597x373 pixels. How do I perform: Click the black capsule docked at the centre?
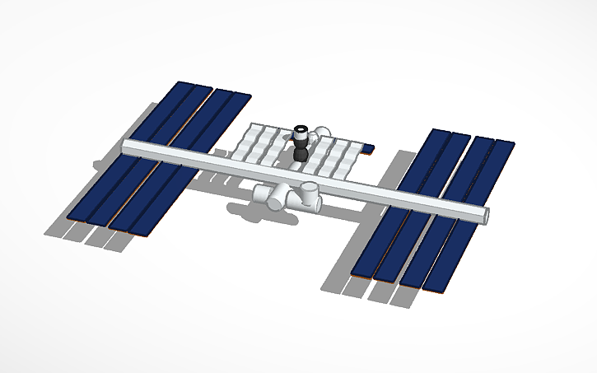(x=301, y=153)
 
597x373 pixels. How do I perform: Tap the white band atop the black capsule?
(x=301, y=130)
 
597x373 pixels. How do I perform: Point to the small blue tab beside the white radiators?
(x=368, y=148)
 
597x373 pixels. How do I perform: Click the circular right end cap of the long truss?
(x=487, y=215)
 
